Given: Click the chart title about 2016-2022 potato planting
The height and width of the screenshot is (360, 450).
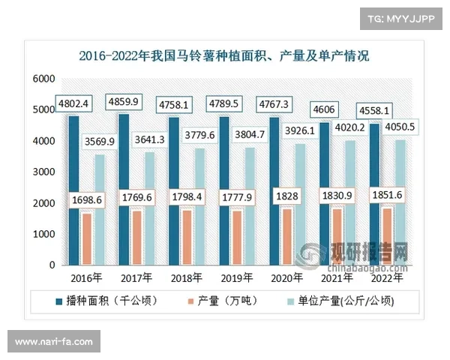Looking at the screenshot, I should (224, 55).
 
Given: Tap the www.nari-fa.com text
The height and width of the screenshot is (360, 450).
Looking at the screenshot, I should (53, 342).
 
